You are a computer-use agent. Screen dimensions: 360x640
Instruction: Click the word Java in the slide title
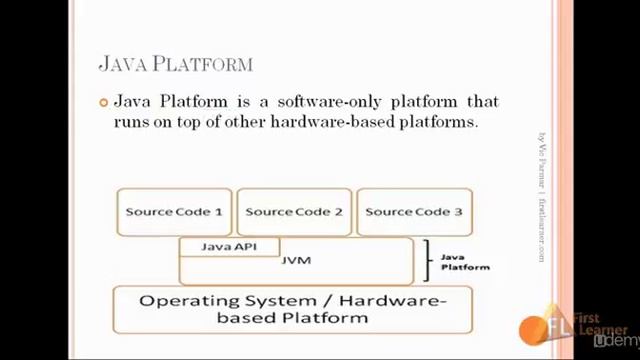coord(122,64)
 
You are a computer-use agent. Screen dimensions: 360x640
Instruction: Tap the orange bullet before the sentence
coord(103,102)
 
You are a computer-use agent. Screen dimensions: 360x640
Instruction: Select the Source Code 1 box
coord(174,212)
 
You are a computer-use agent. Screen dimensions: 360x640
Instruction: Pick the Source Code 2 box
coord(294,212)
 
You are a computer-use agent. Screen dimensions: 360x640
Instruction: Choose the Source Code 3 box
coord(413,212)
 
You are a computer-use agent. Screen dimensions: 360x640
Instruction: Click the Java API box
coord(229,246)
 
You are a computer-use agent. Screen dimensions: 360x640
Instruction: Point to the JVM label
coord(296,260)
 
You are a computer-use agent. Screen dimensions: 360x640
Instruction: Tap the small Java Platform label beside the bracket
coord(465,262)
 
